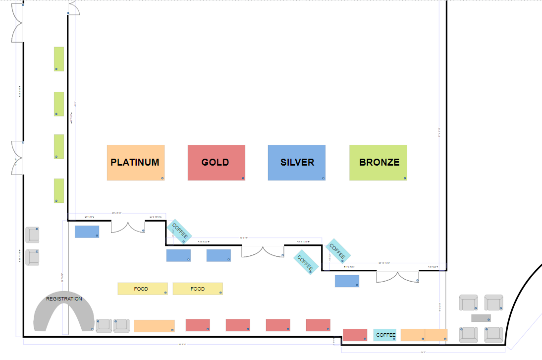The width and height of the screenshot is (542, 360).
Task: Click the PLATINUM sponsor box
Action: (x=135, y=163)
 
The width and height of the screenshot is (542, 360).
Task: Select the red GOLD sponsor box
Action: (x=217, y=163)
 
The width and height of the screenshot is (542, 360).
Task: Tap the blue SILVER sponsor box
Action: (x=297, y=163)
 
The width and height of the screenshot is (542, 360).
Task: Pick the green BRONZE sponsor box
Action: (x=378, y=163)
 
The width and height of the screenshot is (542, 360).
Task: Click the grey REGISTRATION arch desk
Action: (x=64, y=310)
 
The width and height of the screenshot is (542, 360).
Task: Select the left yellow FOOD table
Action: (x=142, y=289)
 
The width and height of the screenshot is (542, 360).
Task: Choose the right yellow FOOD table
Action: (x=198, y=289)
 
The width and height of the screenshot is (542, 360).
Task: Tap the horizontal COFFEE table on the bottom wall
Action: (x=385, y=335)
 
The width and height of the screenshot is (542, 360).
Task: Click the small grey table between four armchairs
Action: (x=481, y=318)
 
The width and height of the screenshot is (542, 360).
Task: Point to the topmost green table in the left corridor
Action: (x=58, y=59)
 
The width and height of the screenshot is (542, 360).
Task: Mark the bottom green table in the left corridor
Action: (x=58, y=191)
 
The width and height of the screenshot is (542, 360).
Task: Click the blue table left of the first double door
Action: (x=87, y=232)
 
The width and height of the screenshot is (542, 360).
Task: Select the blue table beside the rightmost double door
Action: (x=347, y=281)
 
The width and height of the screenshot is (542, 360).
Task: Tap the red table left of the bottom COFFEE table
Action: (x=355, y=335)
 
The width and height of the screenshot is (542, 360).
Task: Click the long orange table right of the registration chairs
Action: (x=154, y=326)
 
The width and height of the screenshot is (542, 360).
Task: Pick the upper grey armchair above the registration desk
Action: (x=32, y=235)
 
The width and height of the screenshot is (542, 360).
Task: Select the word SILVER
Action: (x=297, y=162)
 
